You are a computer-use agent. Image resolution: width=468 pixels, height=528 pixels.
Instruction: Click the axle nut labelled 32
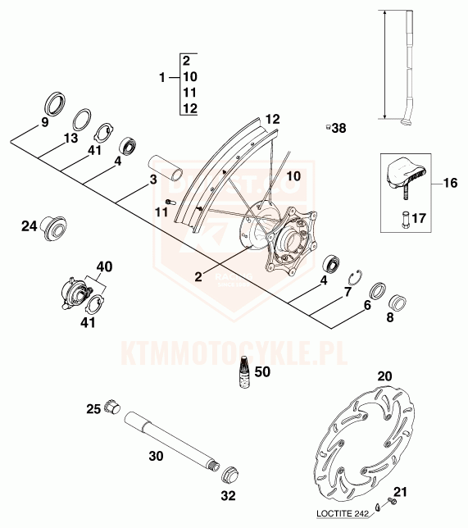point(230,475)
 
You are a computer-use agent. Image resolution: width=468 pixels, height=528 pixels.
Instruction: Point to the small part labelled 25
point(113,407)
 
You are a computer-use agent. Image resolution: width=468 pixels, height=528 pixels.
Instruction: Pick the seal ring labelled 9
point(55,102)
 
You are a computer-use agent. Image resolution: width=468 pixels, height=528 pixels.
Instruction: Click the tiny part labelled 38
point(327,127)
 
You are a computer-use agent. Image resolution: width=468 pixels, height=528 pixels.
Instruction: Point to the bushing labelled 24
point(53,228)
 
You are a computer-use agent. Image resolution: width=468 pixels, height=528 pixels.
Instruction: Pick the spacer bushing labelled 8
point(398,303)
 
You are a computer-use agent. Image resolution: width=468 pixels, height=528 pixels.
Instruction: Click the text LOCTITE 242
point(341,513)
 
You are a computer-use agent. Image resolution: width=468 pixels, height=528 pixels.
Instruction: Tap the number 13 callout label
point(70,138)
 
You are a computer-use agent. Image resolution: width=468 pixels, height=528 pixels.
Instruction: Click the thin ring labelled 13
point(83,119)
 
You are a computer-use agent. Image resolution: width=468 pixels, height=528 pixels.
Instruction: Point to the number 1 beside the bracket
point(162,78)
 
